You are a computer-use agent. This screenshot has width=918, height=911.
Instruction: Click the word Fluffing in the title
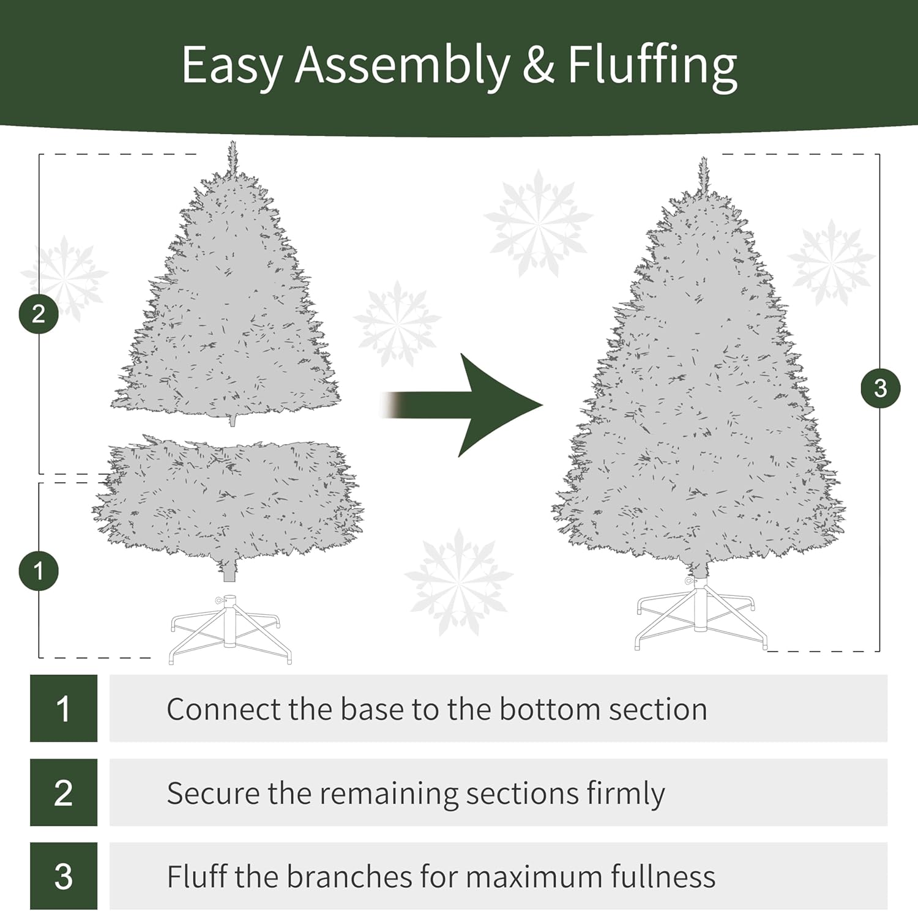click(652, 66)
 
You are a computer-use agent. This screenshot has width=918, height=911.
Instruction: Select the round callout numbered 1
click(39, 571)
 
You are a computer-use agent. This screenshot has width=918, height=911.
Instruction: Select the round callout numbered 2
click(39, 314)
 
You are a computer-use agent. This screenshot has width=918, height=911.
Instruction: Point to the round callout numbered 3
click(880, 388)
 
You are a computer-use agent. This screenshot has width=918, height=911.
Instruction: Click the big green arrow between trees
click(461, 405)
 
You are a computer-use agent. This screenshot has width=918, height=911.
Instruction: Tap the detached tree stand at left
click(231, 629)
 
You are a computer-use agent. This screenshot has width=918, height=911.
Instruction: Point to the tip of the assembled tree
click(703, 158)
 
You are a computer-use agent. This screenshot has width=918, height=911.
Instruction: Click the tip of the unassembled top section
click(232, 142)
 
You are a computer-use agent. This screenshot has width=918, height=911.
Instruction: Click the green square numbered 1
click(64, 708)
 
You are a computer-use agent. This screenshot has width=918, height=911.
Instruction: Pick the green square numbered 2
click(64, 792)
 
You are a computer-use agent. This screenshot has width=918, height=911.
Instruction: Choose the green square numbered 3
click(64, 876)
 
